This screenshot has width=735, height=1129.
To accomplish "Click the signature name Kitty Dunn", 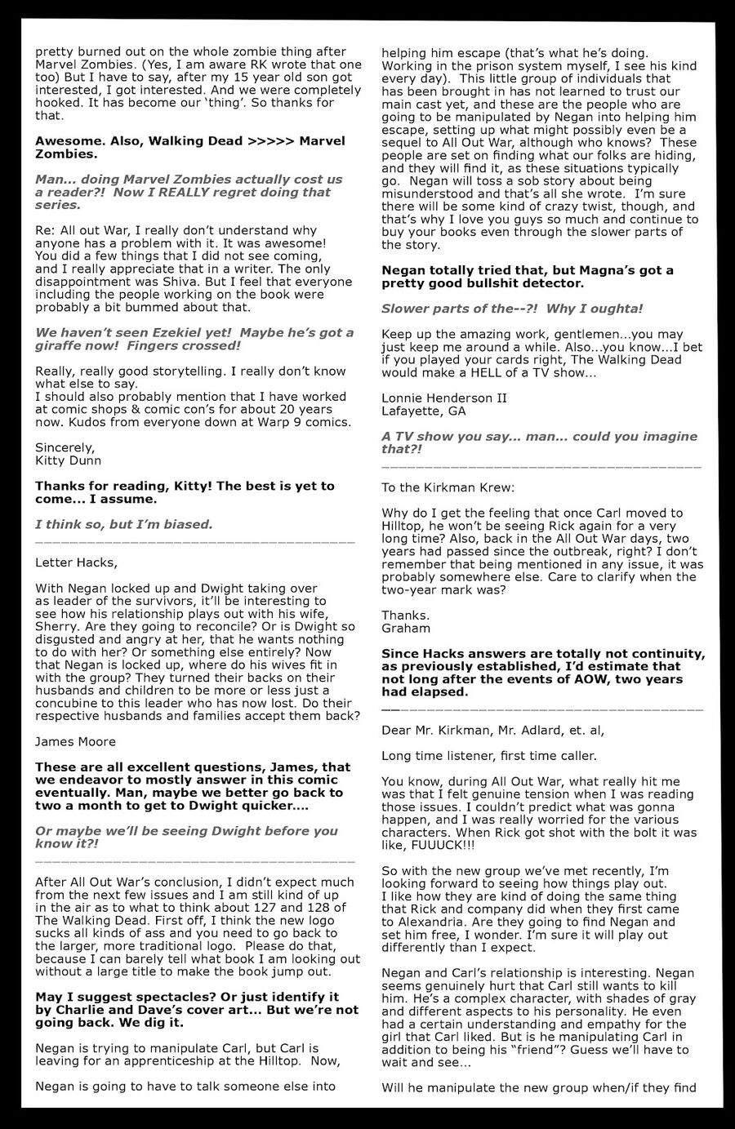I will coord(68,460).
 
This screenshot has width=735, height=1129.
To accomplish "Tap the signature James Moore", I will coord(76,741).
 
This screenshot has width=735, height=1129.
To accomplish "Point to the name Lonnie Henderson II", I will coord(444,398).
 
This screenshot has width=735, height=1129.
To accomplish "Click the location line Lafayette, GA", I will coord(423,411).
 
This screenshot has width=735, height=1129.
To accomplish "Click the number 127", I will coord(266,907).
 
